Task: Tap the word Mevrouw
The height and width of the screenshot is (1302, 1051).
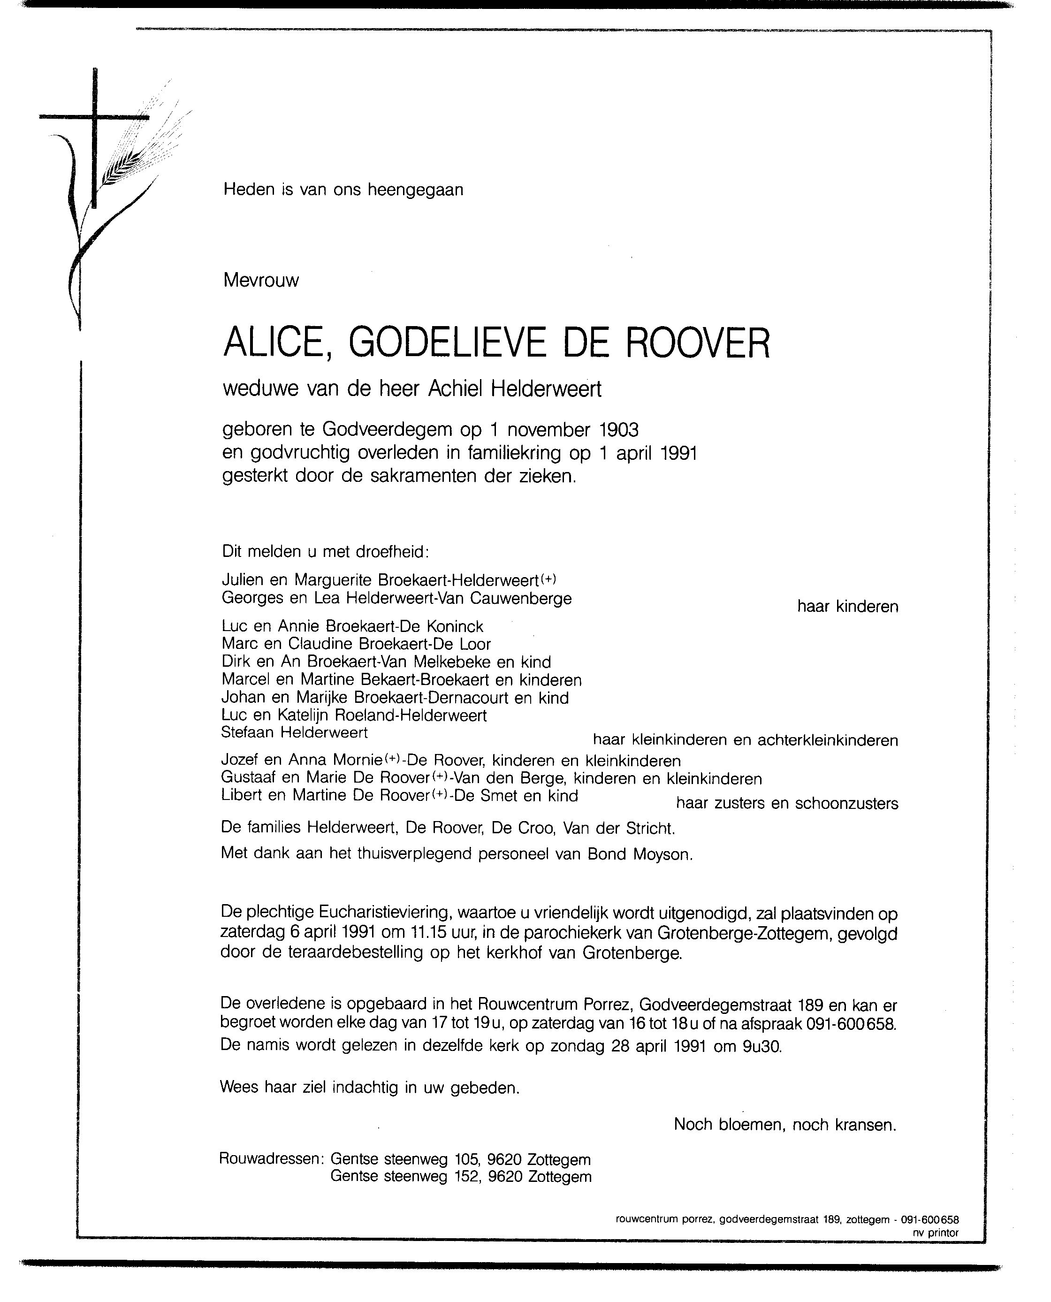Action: click(261, 280)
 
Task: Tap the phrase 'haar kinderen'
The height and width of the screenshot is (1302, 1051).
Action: click(847, 607)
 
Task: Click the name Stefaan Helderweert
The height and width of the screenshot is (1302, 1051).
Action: click(294, 733)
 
